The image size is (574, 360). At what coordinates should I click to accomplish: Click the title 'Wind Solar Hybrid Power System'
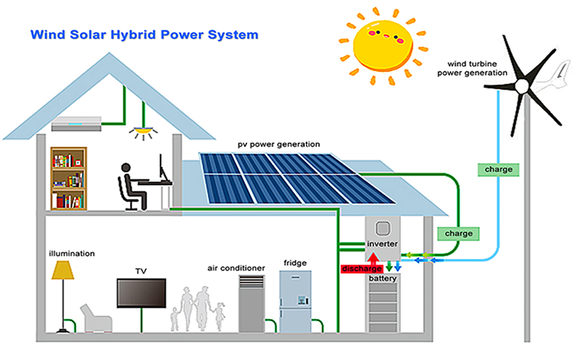(x=144, y=34)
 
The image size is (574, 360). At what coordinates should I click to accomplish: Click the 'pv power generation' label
(x=279, y=145)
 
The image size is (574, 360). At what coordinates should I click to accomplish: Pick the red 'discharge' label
(x=361, y=268)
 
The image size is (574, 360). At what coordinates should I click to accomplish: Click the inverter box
(x=382, y=234)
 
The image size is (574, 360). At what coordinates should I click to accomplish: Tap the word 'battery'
(x=383, y=280)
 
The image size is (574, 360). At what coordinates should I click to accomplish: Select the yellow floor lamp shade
(x=62, y=270)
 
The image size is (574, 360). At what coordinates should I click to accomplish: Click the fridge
(x=296, y=301)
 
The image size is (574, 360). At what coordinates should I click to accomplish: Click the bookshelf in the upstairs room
(x=68, y=179)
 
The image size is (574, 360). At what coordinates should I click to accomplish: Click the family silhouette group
(x=198, y=308)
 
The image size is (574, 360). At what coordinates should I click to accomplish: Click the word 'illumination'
(x=71, y=253)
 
